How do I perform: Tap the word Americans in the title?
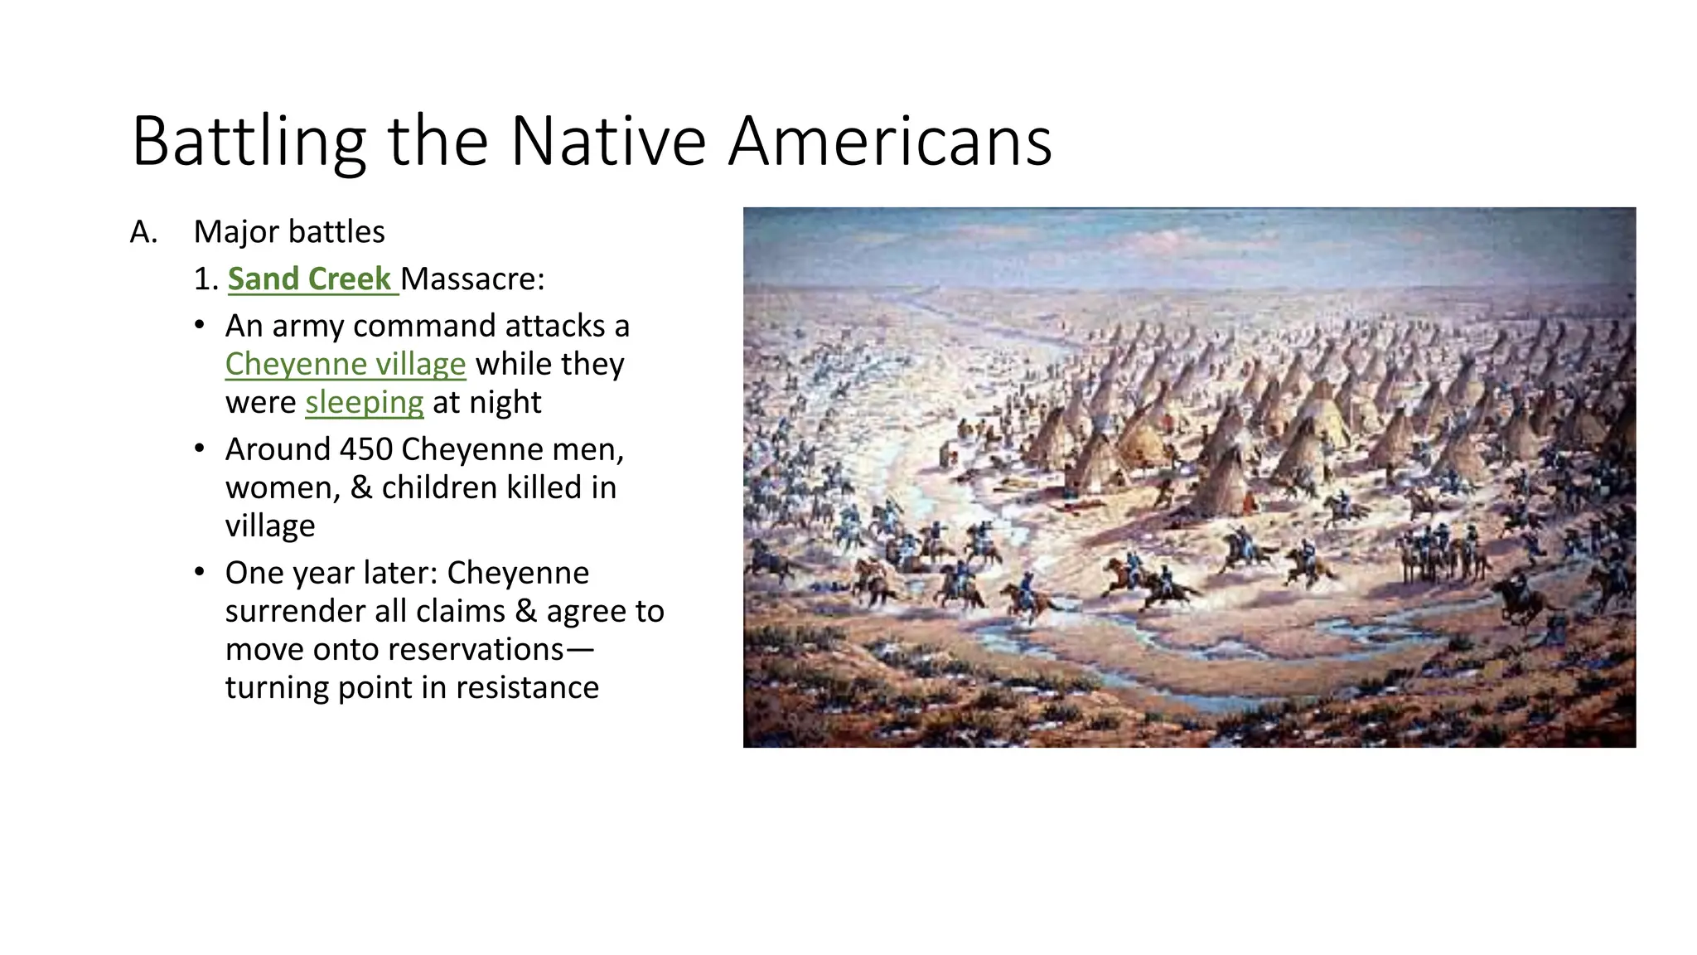tap(890, 142)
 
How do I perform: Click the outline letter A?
tap(143, 233)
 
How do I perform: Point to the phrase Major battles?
tap(289, 232)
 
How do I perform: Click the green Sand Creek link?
tap(309, 279)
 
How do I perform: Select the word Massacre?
tap(473, 279)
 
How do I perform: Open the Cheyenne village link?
tap(346, 365)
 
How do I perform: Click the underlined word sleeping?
tap(365, 403)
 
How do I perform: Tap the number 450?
tap(366, 449)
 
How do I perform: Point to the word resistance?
tap(527, 688)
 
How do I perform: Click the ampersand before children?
tap(360, 487)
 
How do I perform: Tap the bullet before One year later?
tap(199, 572)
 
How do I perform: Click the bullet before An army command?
tap(199, 325)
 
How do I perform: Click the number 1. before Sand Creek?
tap(205, 279)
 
